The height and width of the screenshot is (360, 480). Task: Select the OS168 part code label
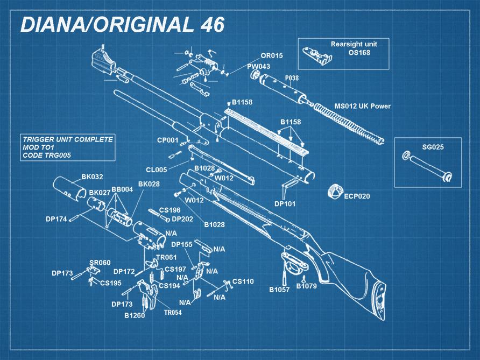pyautogui.click(x=359, y=53)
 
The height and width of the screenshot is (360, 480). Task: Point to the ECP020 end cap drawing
pyautogui.click(x=336, y=192)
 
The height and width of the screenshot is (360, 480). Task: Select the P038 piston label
pyautogui.click(x=292, y=78)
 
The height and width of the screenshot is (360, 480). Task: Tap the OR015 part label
pyautogui.click(x=271, y=55)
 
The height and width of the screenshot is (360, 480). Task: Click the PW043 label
pyautogui.click(x=258, y=66)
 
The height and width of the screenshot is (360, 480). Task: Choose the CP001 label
pyautogui.click(x=167, y=140)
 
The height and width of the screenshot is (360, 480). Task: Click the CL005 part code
pyautogui.click(x=156, y=170)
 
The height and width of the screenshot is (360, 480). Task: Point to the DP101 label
pyautogui.click(x=285, y=204)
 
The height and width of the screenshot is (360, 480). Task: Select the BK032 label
pyautogui.click(x=92, y=177)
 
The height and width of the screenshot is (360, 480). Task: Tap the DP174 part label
pyautogui.click(x=56, y=219)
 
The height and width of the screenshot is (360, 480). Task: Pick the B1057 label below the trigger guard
pyautogui.click(x=279, y=290)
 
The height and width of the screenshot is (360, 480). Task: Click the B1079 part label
pyautogui.click(x=306, y=286)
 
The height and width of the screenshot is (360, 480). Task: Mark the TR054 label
pyautogui.click(x=172, y=313)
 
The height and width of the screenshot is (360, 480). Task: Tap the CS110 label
pyautogui.click(x=243, y=281)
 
